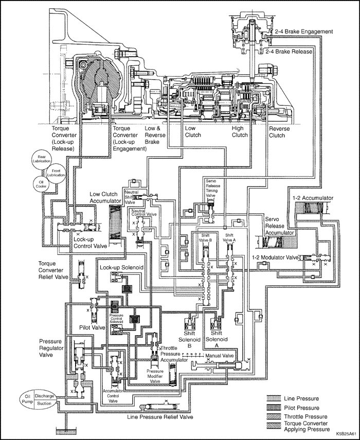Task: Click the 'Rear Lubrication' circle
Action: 41,158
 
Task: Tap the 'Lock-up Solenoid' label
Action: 121,268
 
